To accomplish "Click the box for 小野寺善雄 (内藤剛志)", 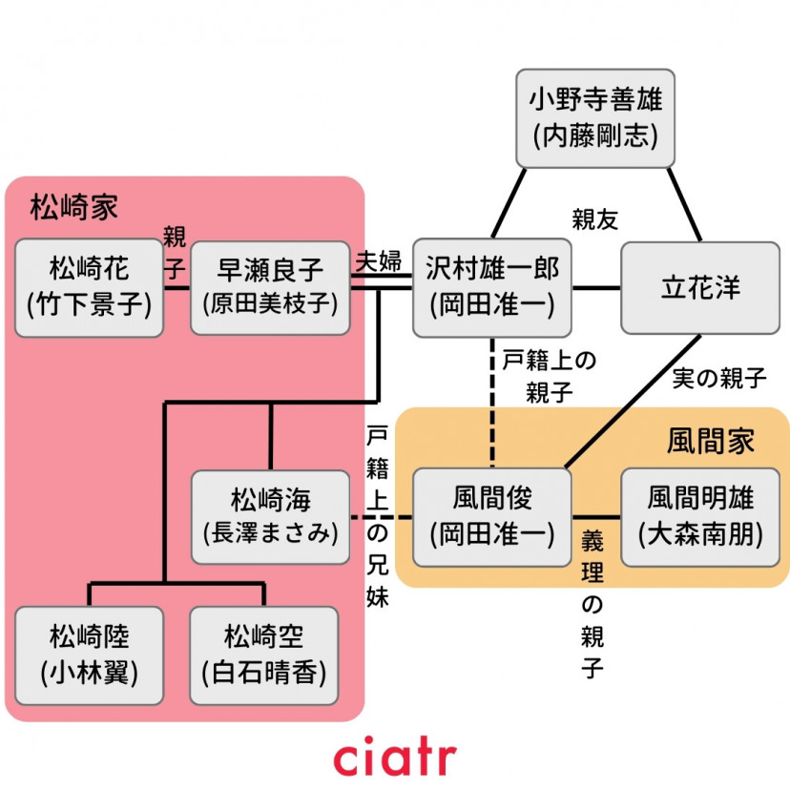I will pyautogui.click(x=596, y=116).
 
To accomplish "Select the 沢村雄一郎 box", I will pyautogui.click(x=493, y=287).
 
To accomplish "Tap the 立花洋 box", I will pyautogui.click(x=698, y=287).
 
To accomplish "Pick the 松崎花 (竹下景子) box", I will pyautogui.click(x=90, y=287).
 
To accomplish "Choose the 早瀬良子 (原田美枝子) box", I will pyautogui.click(x=270, y=287).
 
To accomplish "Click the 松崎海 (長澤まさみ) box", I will pyautogui.click(x=270, y=516).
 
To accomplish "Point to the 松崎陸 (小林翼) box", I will pyautogui.click(x=90, y=655).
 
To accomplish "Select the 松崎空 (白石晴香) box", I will pyautogui.click(x=264, y=655).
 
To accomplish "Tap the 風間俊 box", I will pyautogui.click(x=492, y=516).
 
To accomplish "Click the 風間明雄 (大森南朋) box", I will pyautogui.click(x=700, y=516).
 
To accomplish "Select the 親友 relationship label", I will pyautogui.click(x=595, y=218).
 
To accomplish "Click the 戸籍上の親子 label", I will pyautogui.click(x=548, y=376).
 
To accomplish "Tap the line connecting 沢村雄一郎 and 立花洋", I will pyautogui.click(x=597, y=287).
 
